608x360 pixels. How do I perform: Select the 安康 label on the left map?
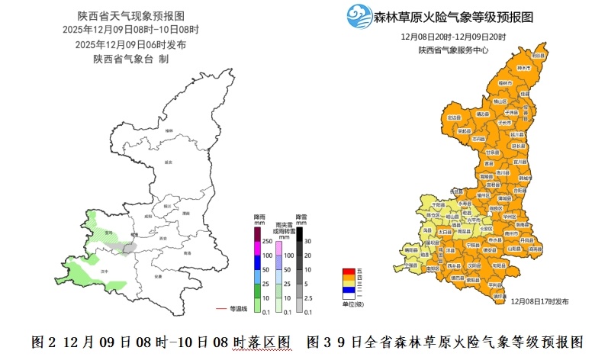coord(157,275)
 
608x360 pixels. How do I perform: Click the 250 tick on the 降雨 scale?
coord(268,241)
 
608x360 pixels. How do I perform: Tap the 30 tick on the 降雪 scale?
coord(308,241)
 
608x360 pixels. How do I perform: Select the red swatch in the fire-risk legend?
coord(347,272)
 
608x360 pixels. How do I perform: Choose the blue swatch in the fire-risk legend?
coord(347,288)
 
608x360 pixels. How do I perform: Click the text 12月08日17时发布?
coord(539,301)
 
